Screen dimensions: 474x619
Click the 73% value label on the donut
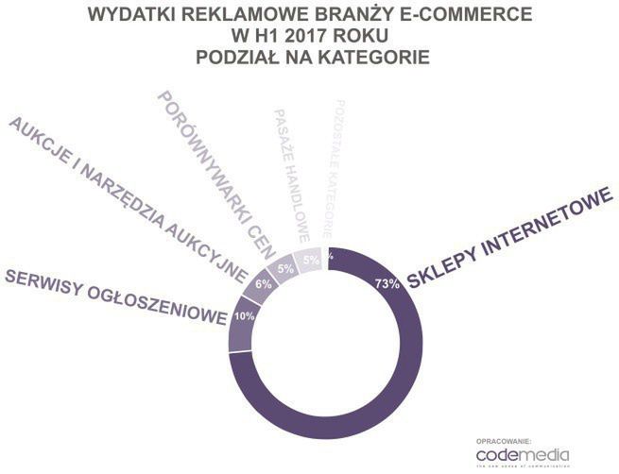point(387,283)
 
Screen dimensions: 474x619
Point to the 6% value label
point(264,283)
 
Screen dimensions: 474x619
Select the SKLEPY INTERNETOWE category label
point(506,235)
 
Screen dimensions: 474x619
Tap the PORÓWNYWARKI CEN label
point(215,174)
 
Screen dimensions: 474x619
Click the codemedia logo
point(534,456)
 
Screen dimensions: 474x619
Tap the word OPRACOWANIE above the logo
point(504,441)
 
